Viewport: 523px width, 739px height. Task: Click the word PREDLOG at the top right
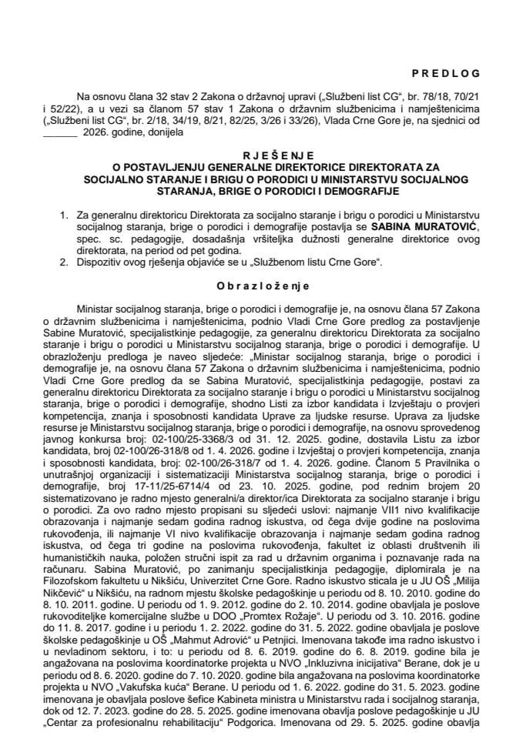tap(446, 73)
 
